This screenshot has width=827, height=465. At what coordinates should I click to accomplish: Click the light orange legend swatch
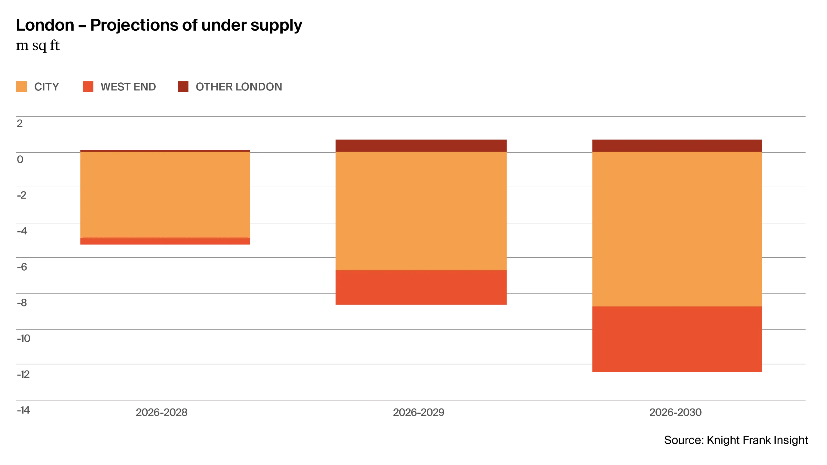[x=22, y=87]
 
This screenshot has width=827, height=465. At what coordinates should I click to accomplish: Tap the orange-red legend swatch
[x=89, y=87]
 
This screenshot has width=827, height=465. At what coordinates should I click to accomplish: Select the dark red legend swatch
[x=182, y=87]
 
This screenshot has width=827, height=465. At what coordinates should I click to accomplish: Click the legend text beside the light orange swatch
[x=47, y=87]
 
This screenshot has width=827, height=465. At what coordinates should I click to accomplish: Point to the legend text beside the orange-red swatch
[x=129, y=87]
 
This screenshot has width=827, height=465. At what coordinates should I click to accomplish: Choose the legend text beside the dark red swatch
[x=238, y=87]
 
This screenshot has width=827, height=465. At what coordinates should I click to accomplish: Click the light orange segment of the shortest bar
[x=165, y=194]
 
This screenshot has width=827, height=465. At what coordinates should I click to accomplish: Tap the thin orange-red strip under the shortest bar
[x=165, y=241]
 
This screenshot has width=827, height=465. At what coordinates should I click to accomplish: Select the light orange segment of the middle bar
[x=421, y=211]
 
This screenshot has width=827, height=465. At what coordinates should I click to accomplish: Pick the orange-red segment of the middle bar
[x=421, y=287]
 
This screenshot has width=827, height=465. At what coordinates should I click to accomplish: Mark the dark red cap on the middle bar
[x=421, y=146]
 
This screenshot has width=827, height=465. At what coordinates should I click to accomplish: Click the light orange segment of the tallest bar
[x=677, y=229]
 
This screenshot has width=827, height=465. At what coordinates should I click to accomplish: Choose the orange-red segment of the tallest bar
[x=677, y=339]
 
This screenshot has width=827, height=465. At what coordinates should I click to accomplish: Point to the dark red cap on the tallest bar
[x=677, y=146]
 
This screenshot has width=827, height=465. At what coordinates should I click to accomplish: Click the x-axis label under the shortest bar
[x=161, y=412]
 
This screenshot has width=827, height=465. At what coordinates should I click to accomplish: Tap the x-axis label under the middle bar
[x=418, y=412]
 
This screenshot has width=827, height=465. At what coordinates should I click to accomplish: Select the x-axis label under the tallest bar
[x=675, y=412]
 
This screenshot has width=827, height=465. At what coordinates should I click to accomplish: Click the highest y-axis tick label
[x=20, y=124]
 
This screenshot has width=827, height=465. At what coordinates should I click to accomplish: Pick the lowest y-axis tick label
[x=23, y=411]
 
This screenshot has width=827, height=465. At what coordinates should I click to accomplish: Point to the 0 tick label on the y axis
[x=20, y=160]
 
